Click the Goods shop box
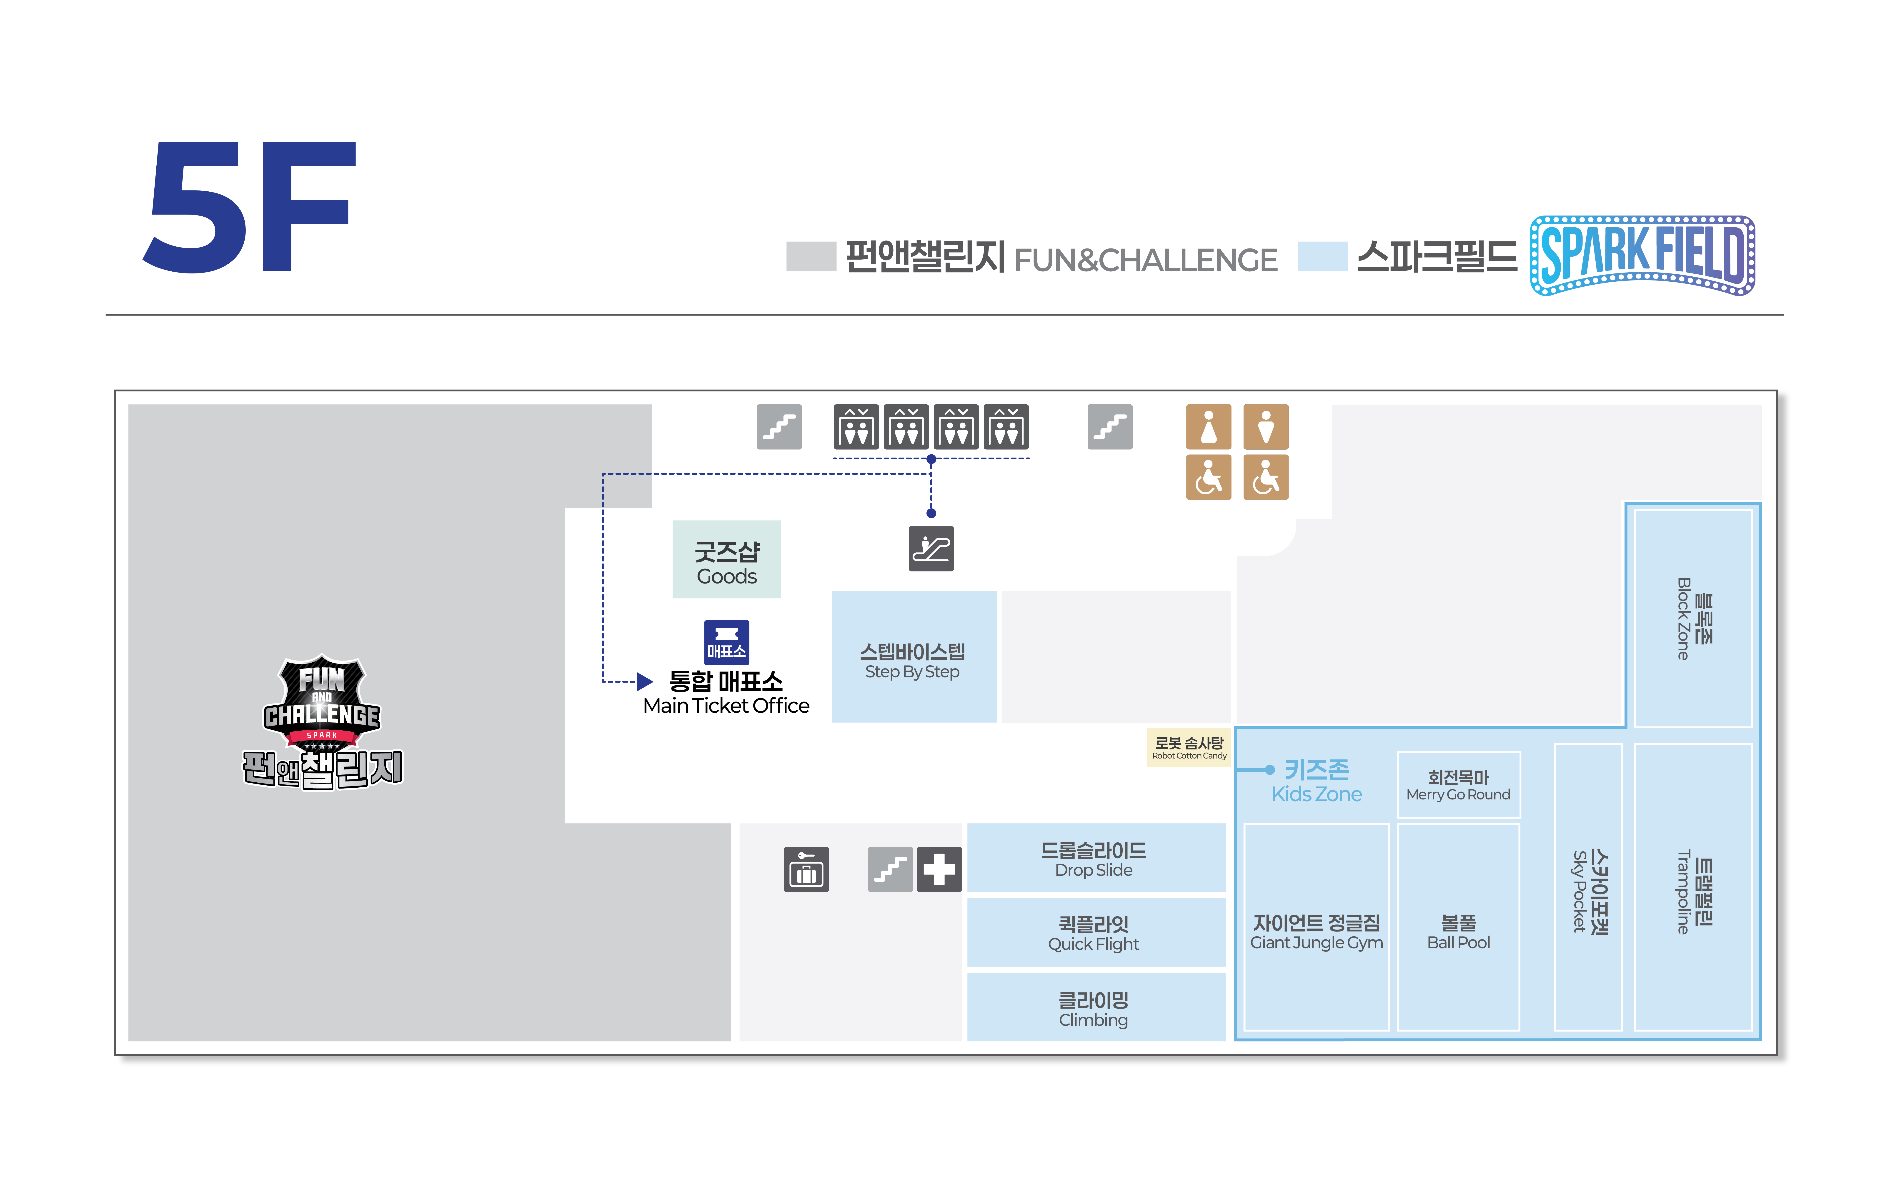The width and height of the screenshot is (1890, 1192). [726, 559]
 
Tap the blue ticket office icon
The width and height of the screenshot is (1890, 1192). [726, 642]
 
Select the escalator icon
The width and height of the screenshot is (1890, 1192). [931, 548]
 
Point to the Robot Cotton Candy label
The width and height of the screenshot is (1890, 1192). [1188, 747]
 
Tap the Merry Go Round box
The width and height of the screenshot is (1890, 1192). [1457, 785]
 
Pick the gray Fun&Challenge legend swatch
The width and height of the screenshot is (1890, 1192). [811, 257]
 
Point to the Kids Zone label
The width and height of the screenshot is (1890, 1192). [1316, 781]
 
